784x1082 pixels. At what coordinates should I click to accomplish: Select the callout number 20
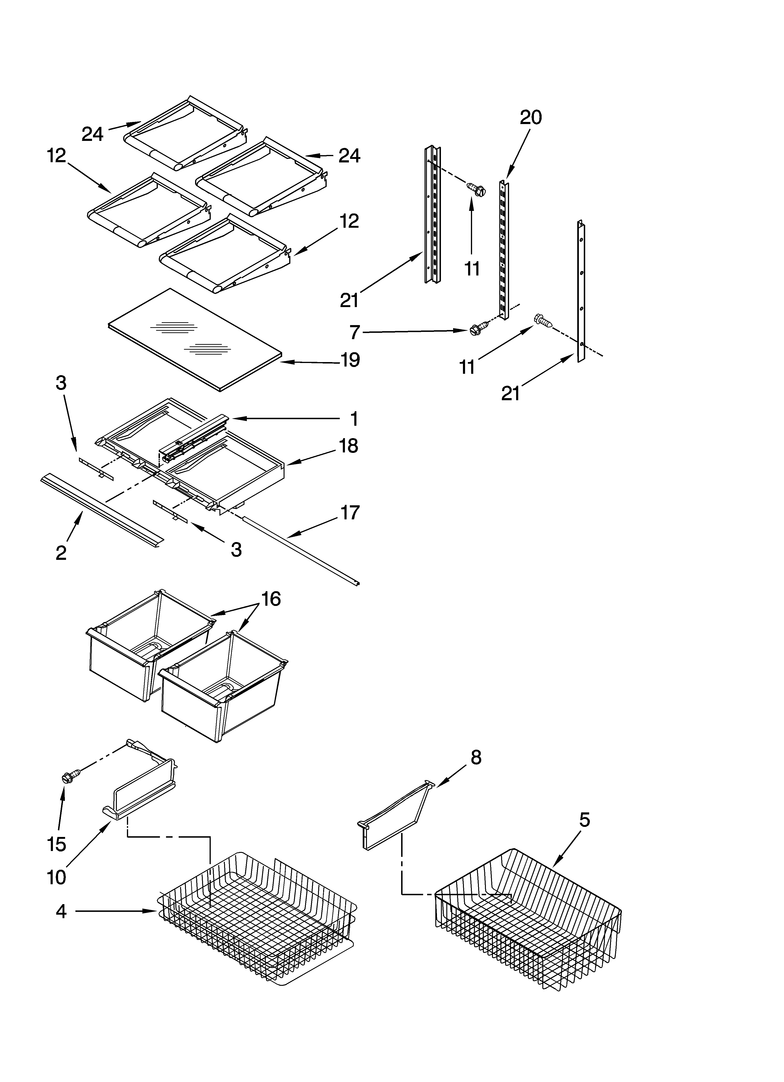pos(530,117)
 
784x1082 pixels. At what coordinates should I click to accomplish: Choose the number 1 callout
pos(354,419)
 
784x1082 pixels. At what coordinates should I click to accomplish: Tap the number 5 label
pos(584,820)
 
